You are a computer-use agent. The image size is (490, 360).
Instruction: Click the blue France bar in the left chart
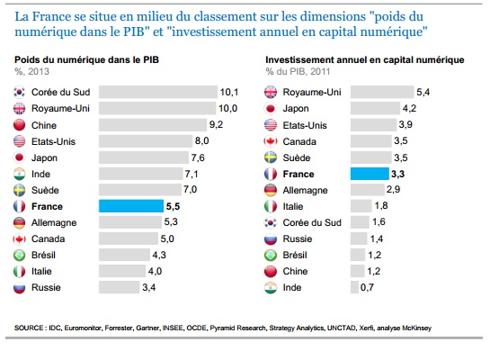click(x=131, y=206)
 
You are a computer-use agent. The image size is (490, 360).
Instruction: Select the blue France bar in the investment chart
click(x=370, y=174)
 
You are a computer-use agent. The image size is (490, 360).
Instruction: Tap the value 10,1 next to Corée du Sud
click(x=229, y=93)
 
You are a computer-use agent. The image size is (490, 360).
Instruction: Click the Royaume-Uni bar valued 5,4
click(x=382, y=92)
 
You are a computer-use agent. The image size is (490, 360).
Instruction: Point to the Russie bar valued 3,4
click(x=119, y=287)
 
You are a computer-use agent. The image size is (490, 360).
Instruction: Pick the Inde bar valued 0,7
click(x=354, y=287)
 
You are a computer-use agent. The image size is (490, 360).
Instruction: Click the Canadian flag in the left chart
click(x=19, y=239)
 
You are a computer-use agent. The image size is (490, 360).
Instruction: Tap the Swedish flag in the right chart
click(x=271, y=157)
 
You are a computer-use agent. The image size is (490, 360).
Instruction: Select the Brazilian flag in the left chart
click(x=19, y=256)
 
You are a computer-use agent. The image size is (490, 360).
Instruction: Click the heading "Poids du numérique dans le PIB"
click(x=87, y=59)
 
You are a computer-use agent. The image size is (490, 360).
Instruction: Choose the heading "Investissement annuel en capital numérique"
click(x=365, y=59)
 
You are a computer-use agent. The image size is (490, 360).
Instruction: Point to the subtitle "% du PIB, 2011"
click(x=298, y=72)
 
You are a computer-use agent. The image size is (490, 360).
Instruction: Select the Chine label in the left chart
click(x=44, y=125)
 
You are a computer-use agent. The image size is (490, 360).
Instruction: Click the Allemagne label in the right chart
click(x=305, y=190)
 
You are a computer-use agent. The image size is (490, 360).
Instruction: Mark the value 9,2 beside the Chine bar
click(x=217, y=124)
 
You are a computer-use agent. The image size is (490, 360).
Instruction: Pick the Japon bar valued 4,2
click(x=375, y=108)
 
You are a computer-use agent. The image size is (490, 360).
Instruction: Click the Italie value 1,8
click(x=381, y=205)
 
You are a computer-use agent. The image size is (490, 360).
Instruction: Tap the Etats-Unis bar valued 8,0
click(x=146, y=141)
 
